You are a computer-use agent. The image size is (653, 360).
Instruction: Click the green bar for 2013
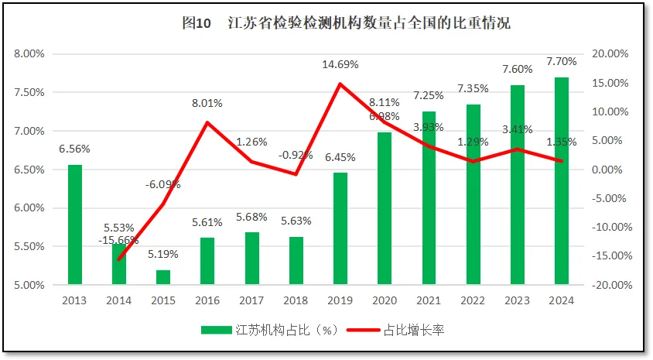[75, 225]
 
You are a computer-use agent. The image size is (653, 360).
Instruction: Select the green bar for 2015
[163, 277]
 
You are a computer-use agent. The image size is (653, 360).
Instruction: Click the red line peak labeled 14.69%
[340, 84]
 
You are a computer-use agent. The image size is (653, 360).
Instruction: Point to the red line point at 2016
[207, 122]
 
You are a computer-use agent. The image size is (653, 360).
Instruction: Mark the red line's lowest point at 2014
[119, 259]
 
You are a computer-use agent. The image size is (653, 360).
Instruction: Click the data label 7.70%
[562, 61]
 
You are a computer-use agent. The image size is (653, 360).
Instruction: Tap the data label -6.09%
[163, 184]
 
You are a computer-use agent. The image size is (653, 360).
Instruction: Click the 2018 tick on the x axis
[296, 301]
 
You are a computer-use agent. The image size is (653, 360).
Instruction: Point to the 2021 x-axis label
[429, 301]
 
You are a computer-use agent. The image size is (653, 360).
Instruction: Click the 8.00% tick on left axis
[30, 54]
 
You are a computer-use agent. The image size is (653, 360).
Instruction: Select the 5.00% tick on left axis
[30, 285]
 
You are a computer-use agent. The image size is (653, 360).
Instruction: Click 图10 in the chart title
[197, 23]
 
